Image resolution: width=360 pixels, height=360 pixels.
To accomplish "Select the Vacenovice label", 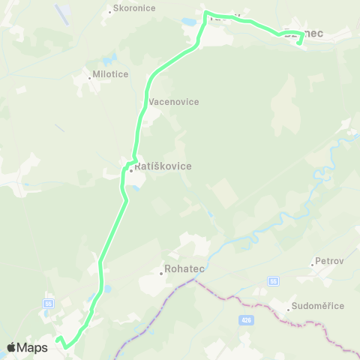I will point(174,101).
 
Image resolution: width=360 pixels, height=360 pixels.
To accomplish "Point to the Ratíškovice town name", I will point(163,166).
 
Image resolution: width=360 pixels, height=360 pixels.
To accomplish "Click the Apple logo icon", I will point(11,347).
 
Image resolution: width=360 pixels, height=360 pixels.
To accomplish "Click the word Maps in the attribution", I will point(32,347).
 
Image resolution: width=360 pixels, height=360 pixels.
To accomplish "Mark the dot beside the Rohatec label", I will point(161,273).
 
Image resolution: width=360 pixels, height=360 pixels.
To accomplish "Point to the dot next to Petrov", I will point(312,263).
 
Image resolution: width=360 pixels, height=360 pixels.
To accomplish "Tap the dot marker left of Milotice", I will point(89,76).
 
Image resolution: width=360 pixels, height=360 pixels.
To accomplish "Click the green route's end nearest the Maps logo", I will point(58,339).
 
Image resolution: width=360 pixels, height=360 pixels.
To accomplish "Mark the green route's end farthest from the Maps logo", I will point(299,43).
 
